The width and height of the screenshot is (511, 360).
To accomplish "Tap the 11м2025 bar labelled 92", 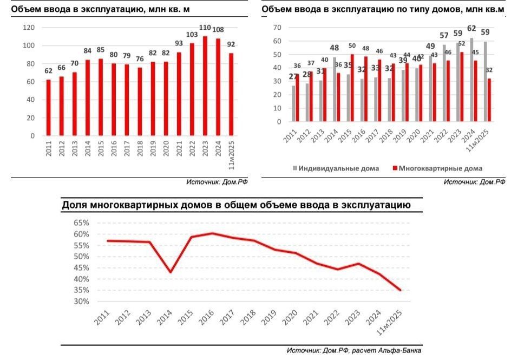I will pos(231,95).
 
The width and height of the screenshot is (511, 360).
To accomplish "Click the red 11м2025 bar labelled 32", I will pos(490,100).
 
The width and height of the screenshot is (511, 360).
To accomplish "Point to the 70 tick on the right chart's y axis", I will pos(277,28).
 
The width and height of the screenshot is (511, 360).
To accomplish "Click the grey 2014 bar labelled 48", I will pos(334,89).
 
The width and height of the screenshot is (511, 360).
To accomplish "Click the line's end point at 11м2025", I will pos(401,290).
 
